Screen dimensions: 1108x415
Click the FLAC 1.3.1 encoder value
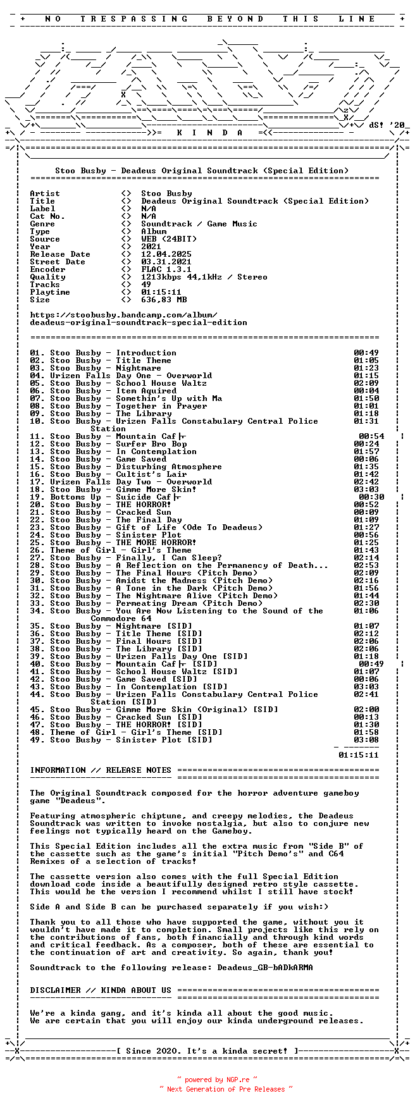166,269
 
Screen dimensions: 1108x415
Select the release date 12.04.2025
166,254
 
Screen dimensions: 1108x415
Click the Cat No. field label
47,216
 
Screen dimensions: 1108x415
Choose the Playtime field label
50,292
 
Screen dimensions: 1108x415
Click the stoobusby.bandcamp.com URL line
123,315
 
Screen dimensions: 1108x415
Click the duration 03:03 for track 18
366,489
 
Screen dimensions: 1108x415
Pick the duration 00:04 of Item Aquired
366,391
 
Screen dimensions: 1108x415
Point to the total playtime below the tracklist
359,754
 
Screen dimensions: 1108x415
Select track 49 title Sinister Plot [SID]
164,740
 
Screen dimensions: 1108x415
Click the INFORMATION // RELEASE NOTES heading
101,770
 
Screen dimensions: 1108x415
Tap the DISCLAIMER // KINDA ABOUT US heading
101,990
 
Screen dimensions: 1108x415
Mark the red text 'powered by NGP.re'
217,1080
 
